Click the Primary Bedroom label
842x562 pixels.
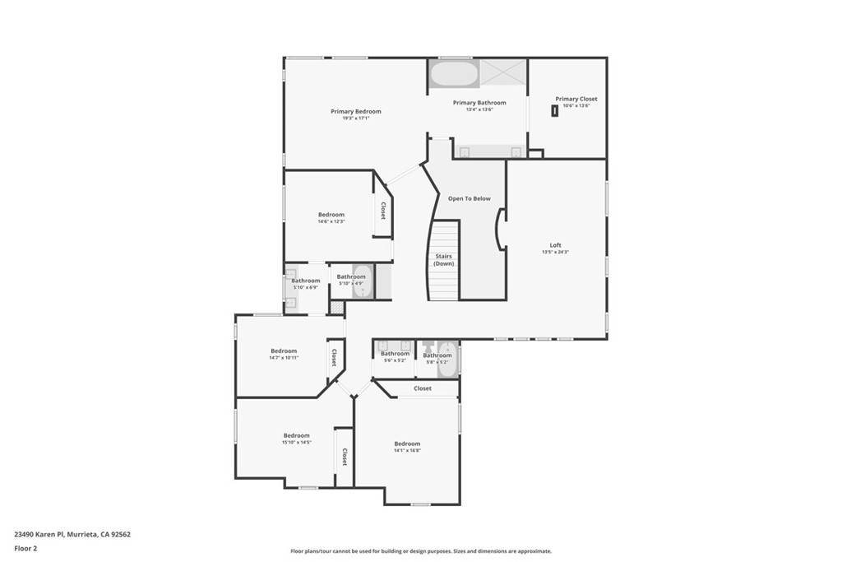(356, 111)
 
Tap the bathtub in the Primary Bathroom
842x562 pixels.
(454, 75)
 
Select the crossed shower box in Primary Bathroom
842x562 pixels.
(503, 73)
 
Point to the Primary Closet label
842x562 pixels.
(576, 99)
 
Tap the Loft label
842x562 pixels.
(556, 244)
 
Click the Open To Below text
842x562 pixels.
(469, 198)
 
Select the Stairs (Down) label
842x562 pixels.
(444, 260)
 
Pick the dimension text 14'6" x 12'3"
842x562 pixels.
(331, 221)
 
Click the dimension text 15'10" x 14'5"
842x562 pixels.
(297, 443)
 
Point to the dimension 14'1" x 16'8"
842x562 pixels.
(407, 450)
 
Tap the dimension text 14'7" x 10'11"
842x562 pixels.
(284, 358)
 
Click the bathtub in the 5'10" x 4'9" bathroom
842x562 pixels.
(362, 282)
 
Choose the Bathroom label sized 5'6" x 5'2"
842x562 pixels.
(395, 354)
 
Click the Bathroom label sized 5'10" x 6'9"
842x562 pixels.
(305, 281)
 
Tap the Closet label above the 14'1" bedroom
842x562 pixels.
(423, 388)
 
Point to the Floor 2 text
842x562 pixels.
(26, 547)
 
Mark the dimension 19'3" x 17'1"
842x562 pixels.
(356, 118)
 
